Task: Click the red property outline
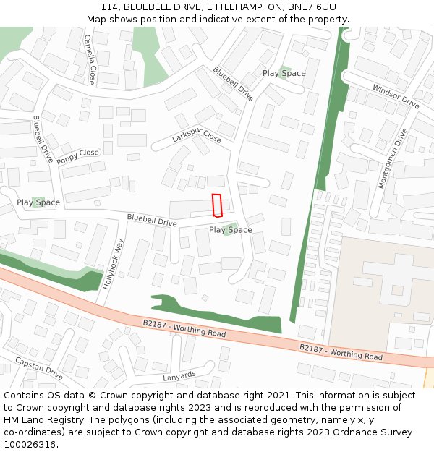tap(216, 205)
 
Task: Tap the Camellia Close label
tap(89, 59)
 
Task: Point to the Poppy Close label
tap(77, 156)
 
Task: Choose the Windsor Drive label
tap(396, 96)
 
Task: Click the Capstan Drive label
tap(39, 368)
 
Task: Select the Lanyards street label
tap(179, 376)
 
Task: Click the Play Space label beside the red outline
tap(231, 230)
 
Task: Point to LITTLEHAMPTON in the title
tap(235, 7)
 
